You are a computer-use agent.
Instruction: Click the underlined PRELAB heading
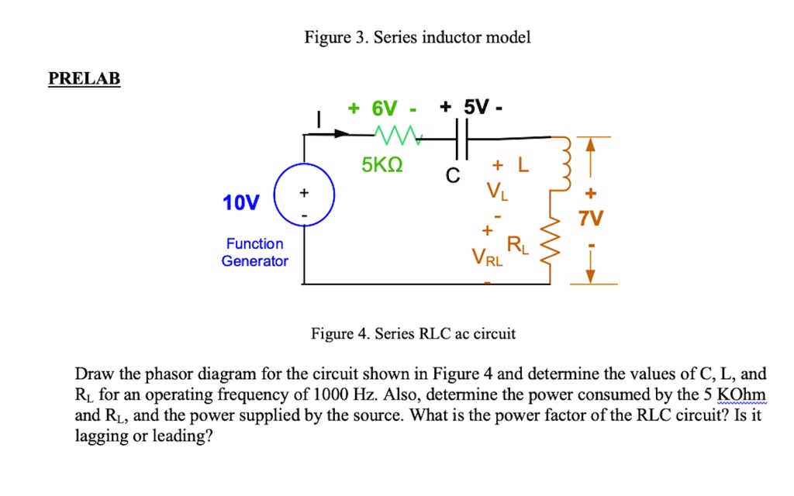[84, 79]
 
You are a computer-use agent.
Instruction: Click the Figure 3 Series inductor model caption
[418, 37]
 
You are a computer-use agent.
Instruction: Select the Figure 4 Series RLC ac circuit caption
[413, 334]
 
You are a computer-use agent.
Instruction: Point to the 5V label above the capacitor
[472, 108]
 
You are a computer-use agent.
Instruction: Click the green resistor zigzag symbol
[397, 136]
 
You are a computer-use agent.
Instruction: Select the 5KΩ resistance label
[381, 167]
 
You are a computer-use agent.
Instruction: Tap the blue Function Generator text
[254, 253]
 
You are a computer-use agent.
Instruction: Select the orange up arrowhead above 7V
[589, 145]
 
